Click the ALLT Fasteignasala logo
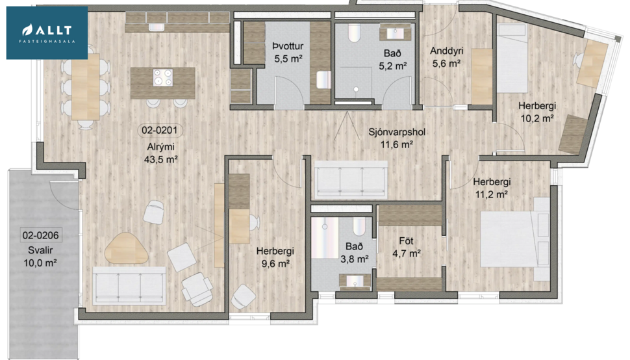[x=47, y=32]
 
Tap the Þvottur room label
[x=287, y=46]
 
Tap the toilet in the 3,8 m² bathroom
[x=358, y=227]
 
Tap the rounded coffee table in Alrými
[x=128, y=248]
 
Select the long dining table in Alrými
[x=85, y=87]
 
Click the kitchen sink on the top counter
[x=156, y=27]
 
